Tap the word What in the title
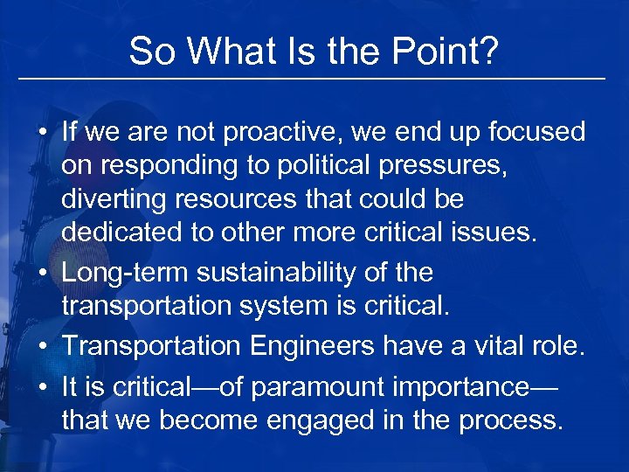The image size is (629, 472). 225,52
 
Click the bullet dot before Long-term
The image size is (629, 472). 43,273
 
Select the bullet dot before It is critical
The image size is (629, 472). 43,385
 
